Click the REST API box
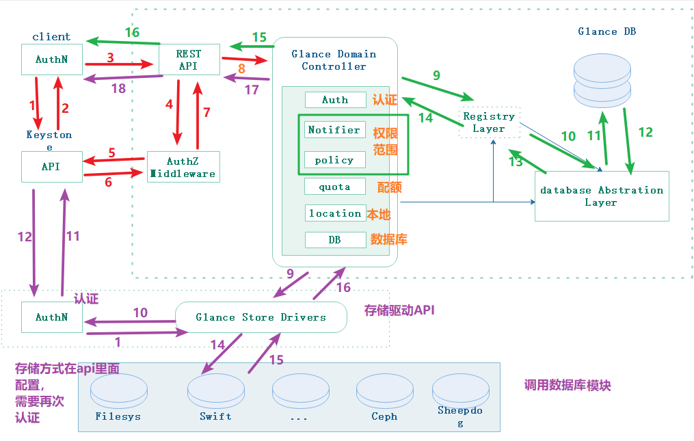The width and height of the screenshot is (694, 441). [x=189, y=59]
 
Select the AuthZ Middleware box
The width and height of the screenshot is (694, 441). [x=183, y=168]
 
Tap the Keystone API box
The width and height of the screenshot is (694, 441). [x=51, y=167]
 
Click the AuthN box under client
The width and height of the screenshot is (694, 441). [x=51, y=60]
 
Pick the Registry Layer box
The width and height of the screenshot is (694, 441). [x=489, y=122]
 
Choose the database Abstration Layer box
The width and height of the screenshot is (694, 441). [x=601, y=196]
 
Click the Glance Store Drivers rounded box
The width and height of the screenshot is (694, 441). [x=261, y=317]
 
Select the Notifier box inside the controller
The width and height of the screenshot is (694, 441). [x=334, y=130]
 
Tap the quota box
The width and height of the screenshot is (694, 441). [x=334, y=187]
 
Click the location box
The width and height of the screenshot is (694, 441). [x=334, y=213]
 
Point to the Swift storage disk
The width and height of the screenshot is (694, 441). [x=215, y=394]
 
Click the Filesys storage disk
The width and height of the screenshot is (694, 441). [x=118, y=394]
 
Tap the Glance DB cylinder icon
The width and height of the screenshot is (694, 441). [x=602, y=79]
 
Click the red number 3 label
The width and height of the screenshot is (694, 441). [x=110, y=57]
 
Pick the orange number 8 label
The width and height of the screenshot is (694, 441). [x=241, y=68]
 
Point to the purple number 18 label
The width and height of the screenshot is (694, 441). [x=118, y=88]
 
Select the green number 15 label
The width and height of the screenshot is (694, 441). [x=259, y=38]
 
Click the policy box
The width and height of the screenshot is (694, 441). [x=334, y=160]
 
